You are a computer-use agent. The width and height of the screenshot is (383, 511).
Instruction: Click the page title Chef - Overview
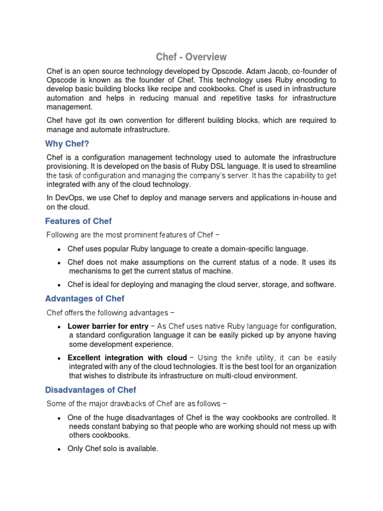[x=191, y=57]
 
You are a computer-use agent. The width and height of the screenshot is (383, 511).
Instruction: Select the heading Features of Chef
[x=78, y=221]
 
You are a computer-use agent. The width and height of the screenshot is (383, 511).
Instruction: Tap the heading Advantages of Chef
[x=85, y=298]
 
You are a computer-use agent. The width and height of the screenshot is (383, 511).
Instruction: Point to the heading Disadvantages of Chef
[x=91, y=390]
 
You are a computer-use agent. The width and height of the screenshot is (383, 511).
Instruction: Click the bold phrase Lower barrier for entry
[x=108, y=326]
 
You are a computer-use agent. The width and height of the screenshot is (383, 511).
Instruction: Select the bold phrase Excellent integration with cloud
[x=127, y=358]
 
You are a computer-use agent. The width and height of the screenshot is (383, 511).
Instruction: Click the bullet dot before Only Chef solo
[x=59, y=449]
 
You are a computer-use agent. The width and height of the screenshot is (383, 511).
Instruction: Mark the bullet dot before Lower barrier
[x=59, y=327]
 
